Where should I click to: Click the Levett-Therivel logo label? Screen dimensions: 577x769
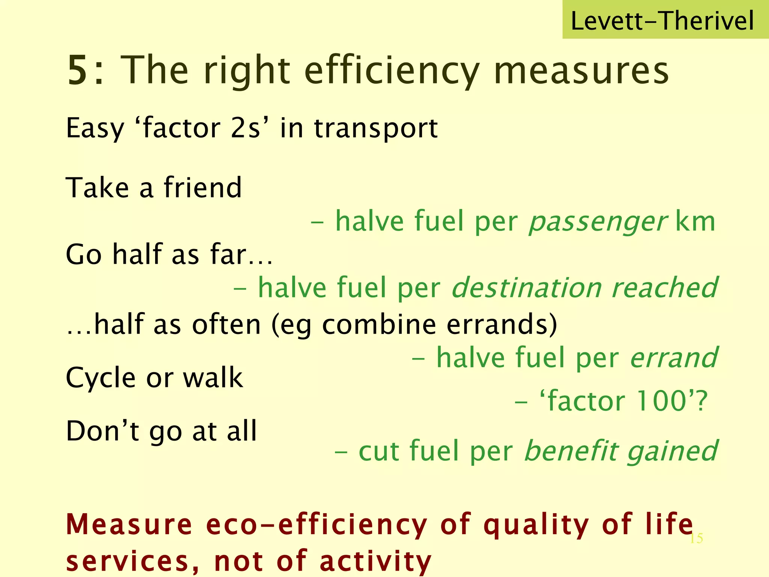click(x=662, y=21)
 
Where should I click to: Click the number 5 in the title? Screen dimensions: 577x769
click(x=78, y=71)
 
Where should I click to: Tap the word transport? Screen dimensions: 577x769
click(x=376, y=128)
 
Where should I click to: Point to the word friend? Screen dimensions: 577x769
click(x=203, y=187)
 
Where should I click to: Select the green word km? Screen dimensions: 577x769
click(x=695, y=222)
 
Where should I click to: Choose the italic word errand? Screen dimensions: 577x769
click(x=674, y=358)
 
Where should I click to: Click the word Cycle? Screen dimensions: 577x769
click(x=101, y=378)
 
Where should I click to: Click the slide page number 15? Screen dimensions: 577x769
click(x=696, y=539)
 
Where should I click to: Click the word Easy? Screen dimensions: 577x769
click(x=95, y=129)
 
